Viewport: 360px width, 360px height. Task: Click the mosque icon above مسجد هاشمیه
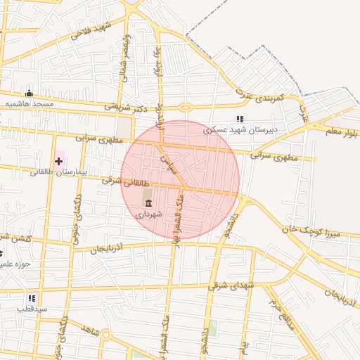point(29,93)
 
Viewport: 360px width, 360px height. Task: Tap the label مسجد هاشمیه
point(30,103)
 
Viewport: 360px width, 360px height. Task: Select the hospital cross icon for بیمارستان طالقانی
point(58,161)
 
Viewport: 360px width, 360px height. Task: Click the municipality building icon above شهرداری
point(148,204)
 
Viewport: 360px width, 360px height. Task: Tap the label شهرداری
point(148,214)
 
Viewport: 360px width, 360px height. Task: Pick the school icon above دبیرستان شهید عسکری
point(240,120)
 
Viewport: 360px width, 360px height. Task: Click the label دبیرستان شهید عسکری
point(240,130)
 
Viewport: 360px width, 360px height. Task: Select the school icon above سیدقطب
point(32,298)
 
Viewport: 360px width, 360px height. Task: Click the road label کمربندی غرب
point(259,94)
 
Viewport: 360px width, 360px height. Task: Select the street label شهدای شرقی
point(232,285)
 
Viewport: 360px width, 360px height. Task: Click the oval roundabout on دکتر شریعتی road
point(186,108)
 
